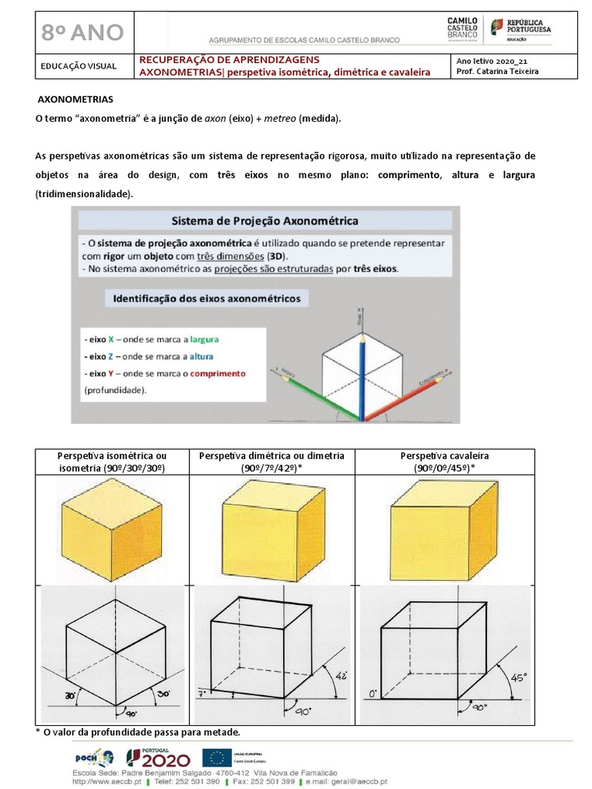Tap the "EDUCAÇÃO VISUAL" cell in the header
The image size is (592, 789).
coord(79,66)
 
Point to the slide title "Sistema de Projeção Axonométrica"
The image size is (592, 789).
coord(264,220)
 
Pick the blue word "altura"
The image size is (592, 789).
coord(201,356)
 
